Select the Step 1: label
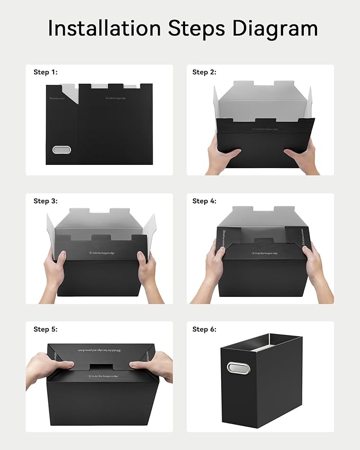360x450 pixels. tap(45, 72)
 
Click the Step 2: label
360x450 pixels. tap(204, 72)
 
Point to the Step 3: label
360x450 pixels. tap(45, 201)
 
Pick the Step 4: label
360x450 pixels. tap(204, 201)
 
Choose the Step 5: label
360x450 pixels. tap(45, 329)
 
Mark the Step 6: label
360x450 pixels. tap(204, 329)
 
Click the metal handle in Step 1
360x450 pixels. tap(62, 150)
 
